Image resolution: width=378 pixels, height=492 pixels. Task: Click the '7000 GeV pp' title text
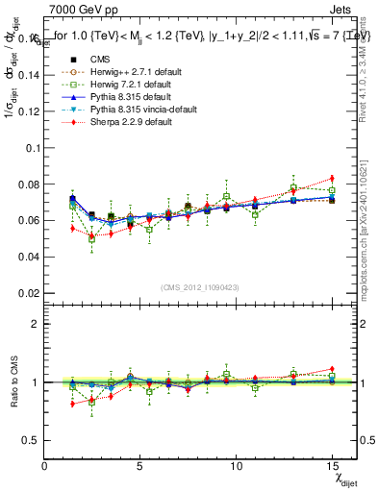click(x=79, y=11)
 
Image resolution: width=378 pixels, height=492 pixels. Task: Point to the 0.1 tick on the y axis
click(x=31, y=149)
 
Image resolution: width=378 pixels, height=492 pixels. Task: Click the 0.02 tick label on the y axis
click(x=29, y=292)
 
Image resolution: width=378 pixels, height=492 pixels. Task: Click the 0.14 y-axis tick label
click(x=29, y=78)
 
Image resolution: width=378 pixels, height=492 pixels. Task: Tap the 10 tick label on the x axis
click(x=237, y=466)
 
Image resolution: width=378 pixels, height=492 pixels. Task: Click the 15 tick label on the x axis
click(x=332, y=466)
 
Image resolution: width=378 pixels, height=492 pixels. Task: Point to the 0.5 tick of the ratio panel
click(x=31, y=440)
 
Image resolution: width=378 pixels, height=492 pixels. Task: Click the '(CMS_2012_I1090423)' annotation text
click(x=200, y=287)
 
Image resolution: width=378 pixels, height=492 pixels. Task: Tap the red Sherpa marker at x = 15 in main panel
click(x=332, y=179)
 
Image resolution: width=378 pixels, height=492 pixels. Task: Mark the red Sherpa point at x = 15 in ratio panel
click(x=332, y=369)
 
